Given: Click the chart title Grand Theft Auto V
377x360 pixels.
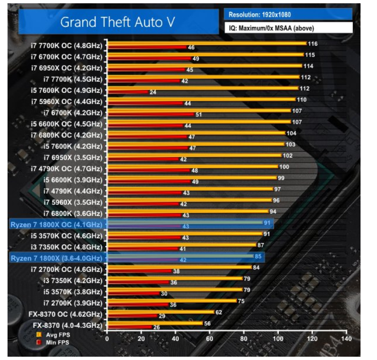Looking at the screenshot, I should point(117,22).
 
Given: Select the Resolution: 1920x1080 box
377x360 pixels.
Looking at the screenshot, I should point(288,15).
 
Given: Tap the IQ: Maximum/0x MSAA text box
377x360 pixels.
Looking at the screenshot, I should point(288,28).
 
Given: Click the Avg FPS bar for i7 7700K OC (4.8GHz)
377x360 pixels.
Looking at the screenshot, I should point(207,43).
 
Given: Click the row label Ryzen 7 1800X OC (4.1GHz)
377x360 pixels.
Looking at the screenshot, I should point(56,224).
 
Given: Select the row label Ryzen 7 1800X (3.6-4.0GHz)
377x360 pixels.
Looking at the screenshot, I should point(56,258).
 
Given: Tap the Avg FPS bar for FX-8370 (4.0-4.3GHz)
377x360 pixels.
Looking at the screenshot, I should point(155,323).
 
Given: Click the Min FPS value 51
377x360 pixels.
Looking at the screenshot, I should point(198,115).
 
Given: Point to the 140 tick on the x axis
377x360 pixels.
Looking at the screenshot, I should point(347,339).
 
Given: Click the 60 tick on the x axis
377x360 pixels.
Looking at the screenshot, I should point(210,339).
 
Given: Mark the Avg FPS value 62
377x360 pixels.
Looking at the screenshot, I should point(218,312).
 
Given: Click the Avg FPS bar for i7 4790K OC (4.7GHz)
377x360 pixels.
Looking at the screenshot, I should point(193,166).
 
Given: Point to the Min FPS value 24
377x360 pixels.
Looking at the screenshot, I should point(153,92).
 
